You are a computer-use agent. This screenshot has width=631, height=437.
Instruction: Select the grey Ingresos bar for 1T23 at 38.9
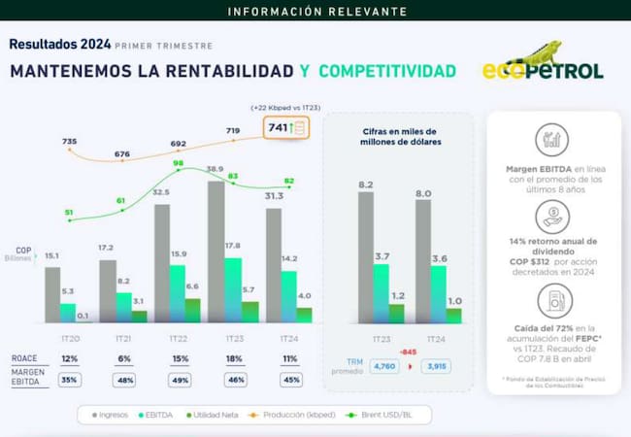(216, 252)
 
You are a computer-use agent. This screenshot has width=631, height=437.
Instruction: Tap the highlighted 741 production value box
(288, 128)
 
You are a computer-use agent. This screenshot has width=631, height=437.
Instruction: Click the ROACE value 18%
(234, 358)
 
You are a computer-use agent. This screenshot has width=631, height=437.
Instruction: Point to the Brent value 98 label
(178, 164)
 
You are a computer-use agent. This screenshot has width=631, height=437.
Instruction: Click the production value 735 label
(69, 142)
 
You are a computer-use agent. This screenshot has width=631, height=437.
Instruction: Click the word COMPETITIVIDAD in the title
(387, 71)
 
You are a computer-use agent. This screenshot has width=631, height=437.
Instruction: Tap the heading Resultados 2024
(58, 44)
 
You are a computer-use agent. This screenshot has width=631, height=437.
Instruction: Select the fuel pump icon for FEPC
(551, 299)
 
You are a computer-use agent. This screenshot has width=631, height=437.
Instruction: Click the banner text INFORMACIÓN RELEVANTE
(315, 12)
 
